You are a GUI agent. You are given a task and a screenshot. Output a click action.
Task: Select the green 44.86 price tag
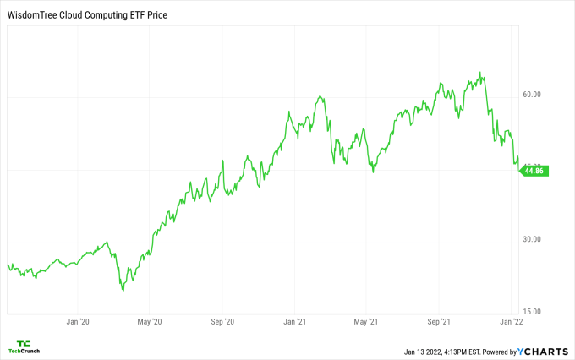tap(535, 171)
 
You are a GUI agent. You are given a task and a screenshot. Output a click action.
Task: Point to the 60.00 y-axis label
tap(532, 95)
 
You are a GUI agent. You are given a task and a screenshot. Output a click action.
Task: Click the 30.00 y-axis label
tap(532, 239)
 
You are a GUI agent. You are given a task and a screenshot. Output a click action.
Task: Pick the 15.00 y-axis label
tap(532, 312)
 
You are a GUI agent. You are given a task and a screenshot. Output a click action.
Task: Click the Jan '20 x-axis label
tap(78, 322)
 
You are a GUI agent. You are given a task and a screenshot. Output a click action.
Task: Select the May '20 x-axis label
tap(149, 322)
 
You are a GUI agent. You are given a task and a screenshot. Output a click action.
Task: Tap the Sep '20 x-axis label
tap(222, 322)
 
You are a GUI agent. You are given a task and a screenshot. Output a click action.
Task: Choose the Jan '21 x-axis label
tap(294, 322)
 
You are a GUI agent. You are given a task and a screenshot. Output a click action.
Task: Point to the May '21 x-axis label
tap(365, 322)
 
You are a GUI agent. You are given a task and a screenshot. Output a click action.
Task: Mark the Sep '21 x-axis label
tap(438, 322)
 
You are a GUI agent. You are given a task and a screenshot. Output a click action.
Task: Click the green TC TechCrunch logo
tap(24, 346)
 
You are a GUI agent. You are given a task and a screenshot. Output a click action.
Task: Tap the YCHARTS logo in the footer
tap(545, 352)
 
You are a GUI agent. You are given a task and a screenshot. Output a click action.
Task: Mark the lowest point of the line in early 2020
tap(123, 290)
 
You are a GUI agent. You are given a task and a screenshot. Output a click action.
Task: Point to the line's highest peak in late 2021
tap(480, 73)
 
